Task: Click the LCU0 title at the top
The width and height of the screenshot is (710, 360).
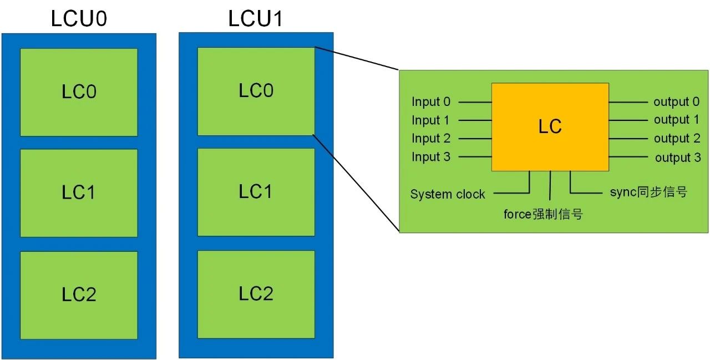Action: pyautogui.click(x=79, y=19)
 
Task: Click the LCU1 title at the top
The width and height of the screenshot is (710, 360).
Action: pyautogui.click(x=256, y=19)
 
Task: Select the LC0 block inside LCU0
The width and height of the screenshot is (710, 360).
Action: pyautogui.click(x=79, y=92)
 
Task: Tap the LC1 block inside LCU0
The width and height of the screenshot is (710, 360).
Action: pyautogui.click(x=79, y=193)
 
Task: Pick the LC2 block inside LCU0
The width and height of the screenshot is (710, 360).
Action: pyautogui.click(x=79, y=295)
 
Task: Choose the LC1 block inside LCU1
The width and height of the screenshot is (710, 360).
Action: pyautogui.click(x=256, y=192)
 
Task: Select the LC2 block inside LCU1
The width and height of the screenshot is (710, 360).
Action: pyautogui.click(x=256, y=294)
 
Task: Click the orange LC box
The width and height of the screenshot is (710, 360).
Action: pyautogui.click(x=550, y=126)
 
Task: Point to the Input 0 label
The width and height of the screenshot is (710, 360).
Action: pyautogui.click(x=431, y=102)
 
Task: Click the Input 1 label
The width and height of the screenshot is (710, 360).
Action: pyautogui.click(x=431, y=120)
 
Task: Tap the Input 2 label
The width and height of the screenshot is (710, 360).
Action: pyautogui.click(x=431, y=139)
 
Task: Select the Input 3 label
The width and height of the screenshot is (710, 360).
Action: pyautogui.click(x=431, y=157)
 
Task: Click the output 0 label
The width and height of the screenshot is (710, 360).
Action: pyautogui.click(x=676, y=102)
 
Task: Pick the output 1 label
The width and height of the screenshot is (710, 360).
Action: pyautogui.click(x=676, y=120)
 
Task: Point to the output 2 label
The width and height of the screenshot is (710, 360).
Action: pyautogui.click(x=677, y=139)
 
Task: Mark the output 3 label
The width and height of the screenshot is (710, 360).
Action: pyautogui.click(x=678, y=158)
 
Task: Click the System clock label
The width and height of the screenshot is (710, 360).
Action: pyautogui.click(x=448, y=195)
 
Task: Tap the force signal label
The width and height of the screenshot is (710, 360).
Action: pyautogui.click(x=543, y=214)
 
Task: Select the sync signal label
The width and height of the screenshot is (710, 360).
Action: pyautogui.click(x=648, y=192)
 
